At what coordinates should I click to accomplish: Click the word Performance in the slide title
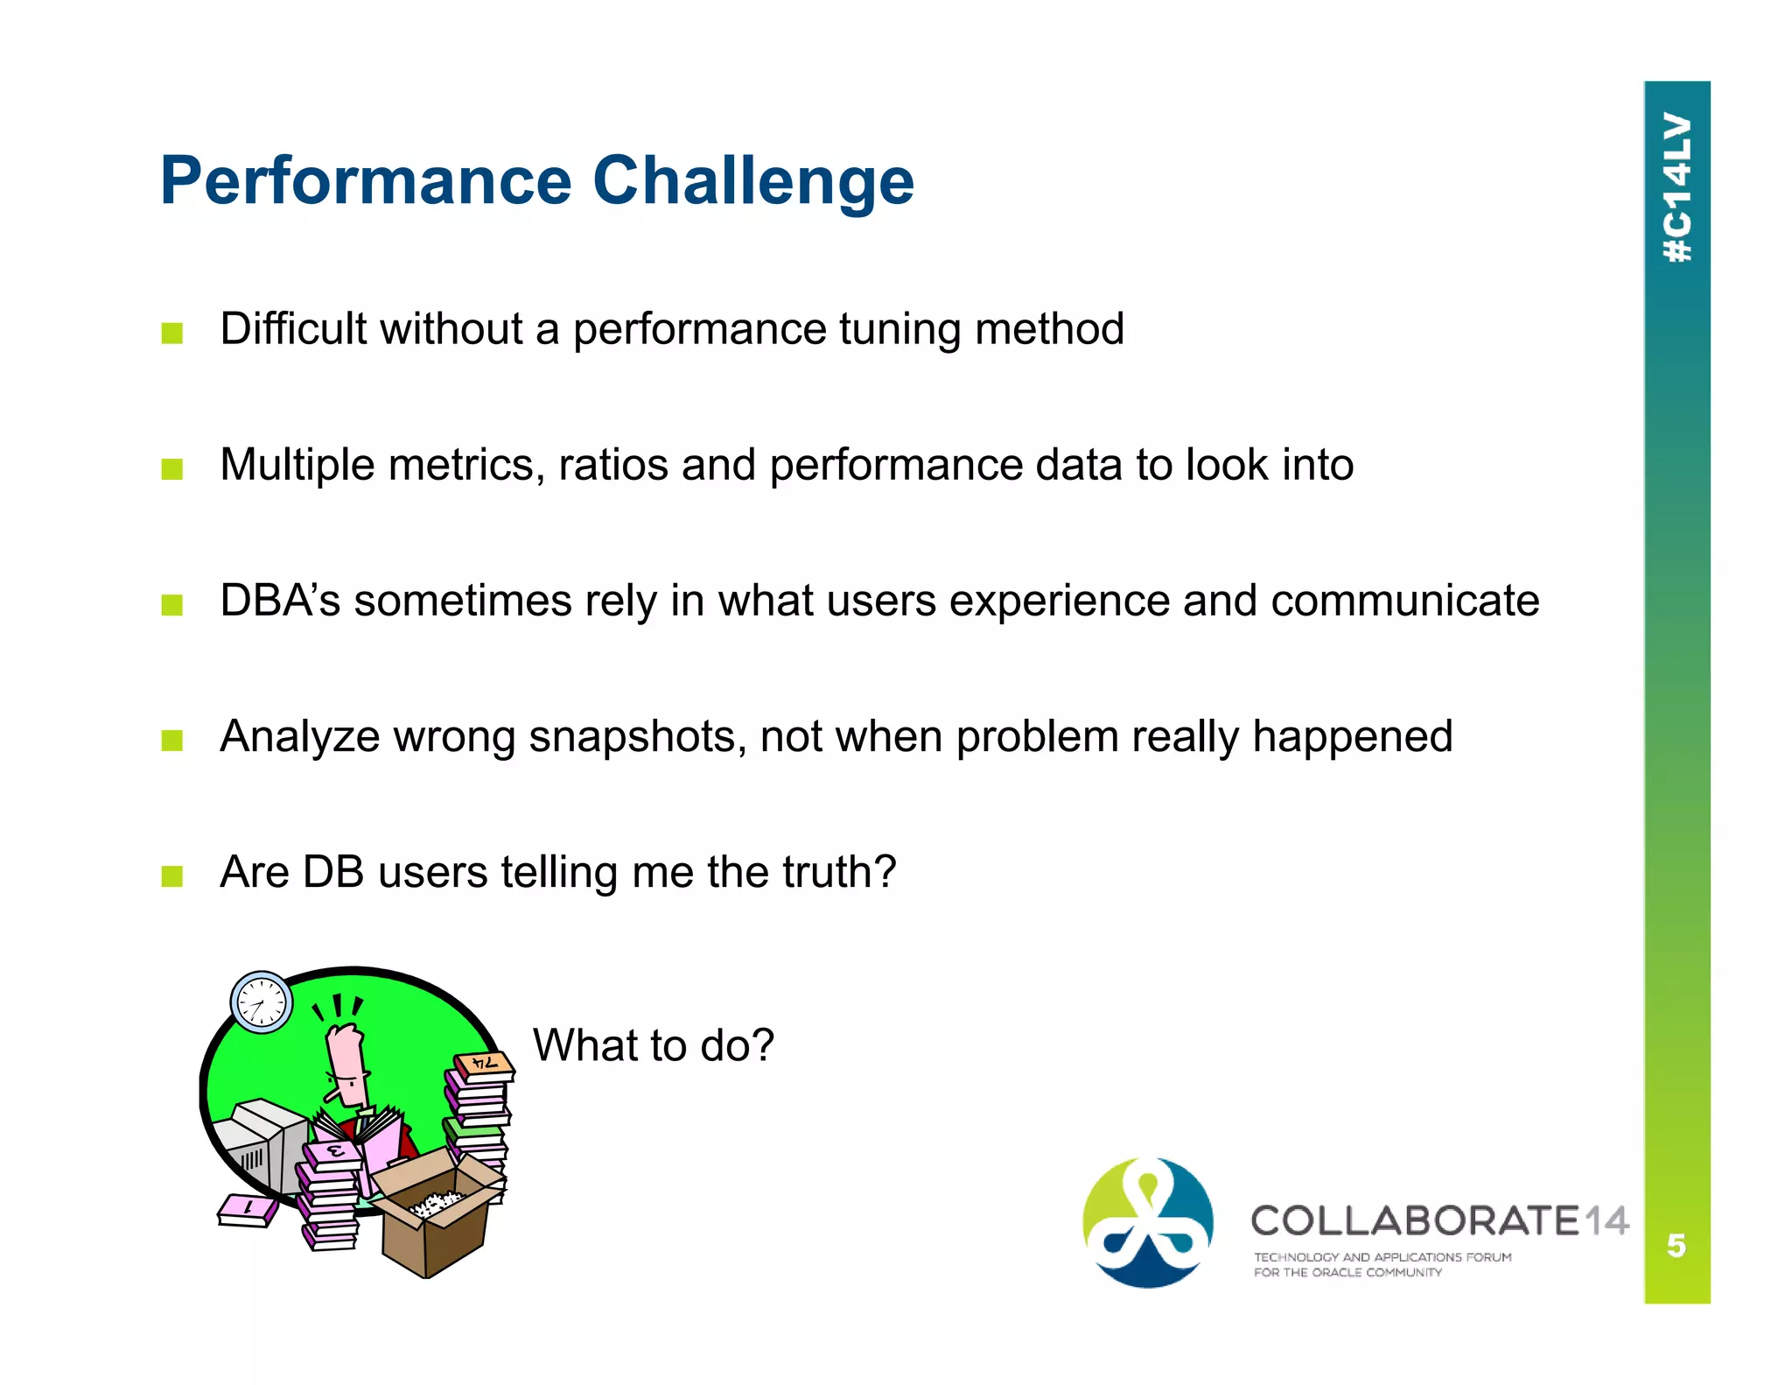click(x=366, y=182)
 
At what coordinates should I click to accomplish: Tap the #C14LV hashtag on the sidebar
click(x=1676, y=187)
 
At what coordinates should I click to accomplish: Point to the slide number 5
click(x=1676, y=1245)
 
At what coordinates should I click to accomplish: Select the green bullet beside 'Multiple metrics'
click(x=172, y=469)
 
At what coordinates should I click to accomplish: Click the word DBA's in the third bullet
click(x=279, y=601)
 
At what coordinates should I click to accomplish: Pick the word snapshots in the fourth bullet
click(x=637, y=737)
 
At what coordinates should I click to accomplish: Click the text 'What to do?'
click(x=654, y=1045)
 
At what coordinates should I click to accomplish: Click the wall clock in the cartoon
click(x=261, y=1002)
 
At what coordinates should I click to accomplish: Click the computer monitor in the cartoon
click(x=262, y=1147)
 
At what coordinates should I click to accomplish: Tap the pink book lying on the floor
click(x=248, y=1211)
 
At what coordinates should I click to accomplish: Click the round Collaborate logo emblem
click(x=1148, y=1223)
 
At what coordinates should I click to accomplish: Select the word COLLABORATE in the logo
click(x=1415, y=1221)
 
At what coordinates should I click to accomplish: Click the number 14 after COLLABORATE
click(x=1606, y=1221)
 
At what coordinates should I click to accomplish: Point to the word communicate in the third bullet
click(x=1404, y=601)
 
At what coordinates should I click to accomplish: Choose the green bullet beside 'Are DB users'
click(x=172, y=876)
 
